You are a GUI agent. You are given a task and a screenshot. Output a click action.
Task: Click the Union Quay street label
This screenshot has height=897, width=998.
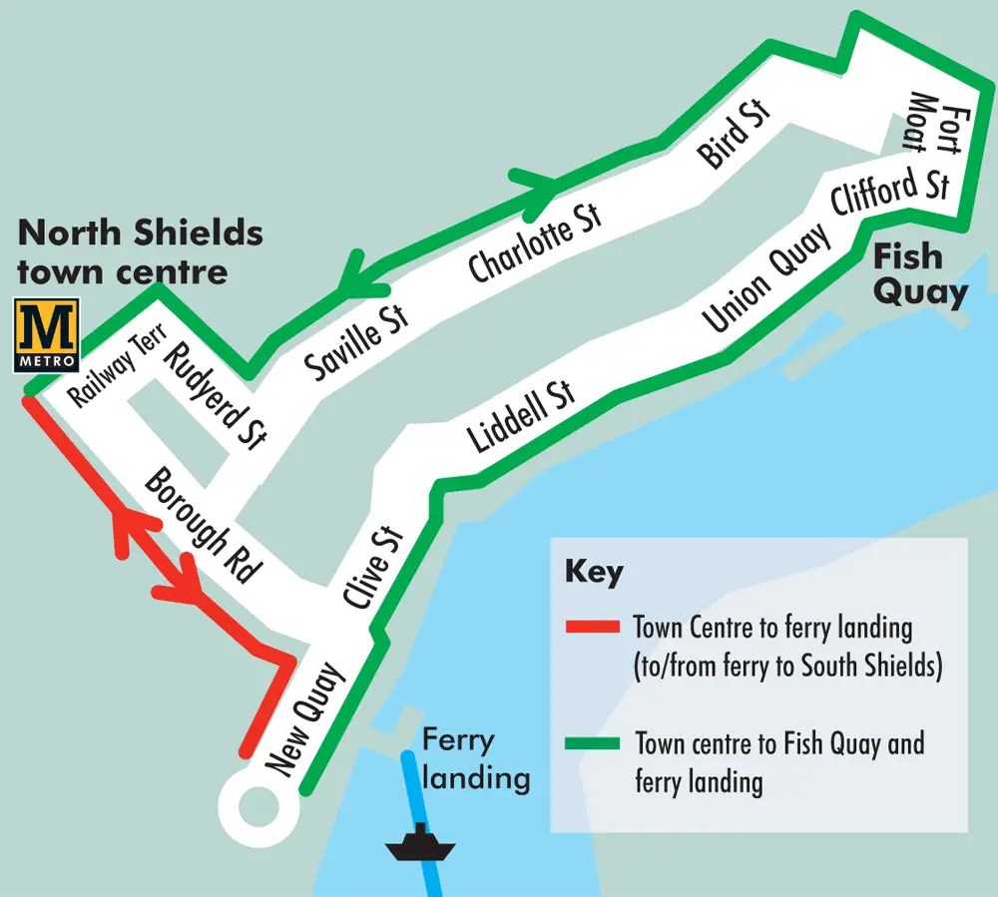[x=765, y=280]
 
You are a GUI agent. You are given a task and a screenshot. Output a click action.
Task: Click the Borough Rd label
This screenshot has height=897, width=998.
[x=203, y=525]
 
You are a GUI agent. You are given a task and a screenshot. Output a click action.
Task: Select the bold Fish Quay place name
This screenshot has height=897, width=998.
[x=919, y=273]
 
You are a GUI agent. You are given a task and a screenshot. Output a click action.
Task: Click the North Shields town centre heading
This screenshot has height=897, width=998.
[x=140, y=251]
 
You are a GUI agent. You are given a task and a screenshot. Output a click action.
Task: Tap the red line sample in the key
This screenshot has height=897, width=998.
[x=593, y=628]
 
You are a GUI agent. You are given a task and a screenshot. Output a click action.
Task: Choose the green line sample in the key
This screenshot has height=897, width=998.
[x=593, y=743]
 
